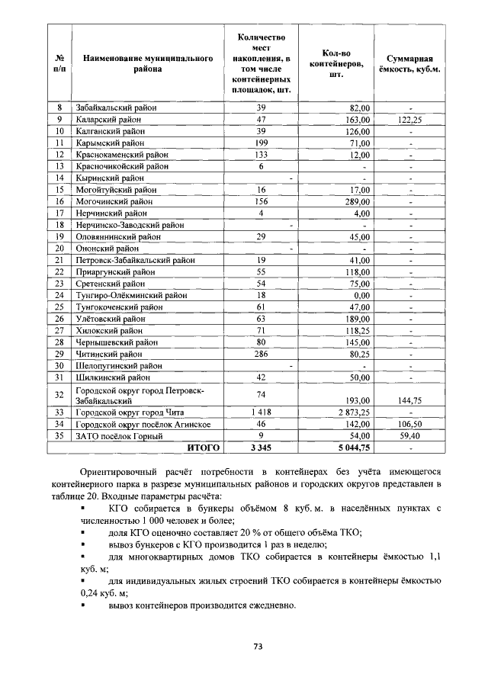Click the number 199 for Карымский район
(x=261, y=143)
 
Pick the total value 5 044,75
(x=350, y=448)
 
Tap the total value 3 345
(x=261, y=448)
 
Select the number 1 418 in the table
(x=261, y=412)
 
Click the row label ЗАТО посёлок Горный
(x=119, y=436)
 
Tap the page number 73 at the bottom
(x=258, y=646)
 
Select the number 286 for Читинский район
(x=261, y=354)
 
